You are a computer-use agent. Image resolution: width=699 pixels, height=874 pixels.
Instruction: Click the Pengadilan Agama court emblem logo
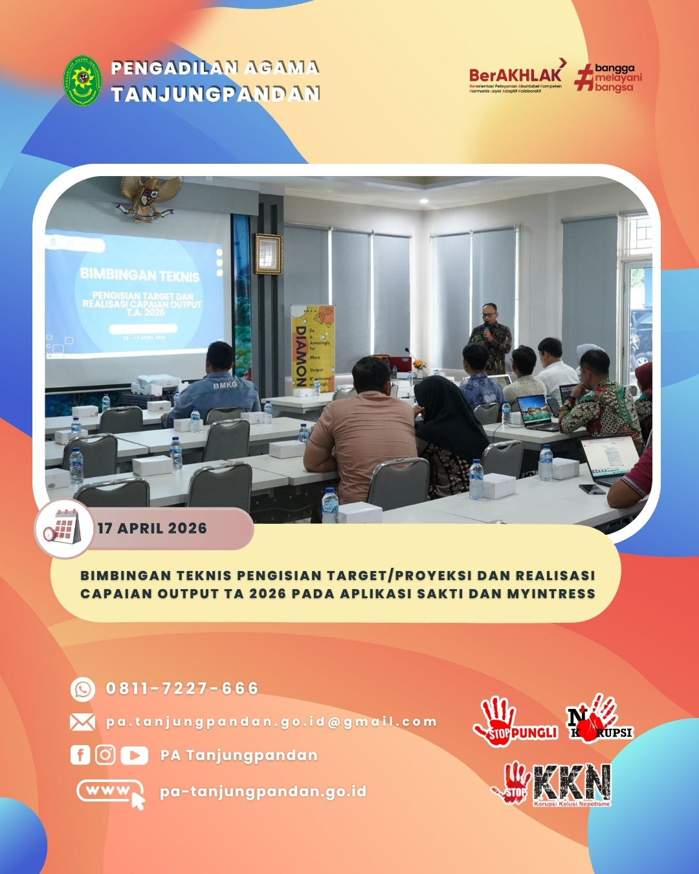click(82, 81)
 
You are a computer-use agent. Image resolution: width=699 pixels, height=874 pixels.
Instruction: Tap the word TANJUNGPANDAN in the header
click(216, 95)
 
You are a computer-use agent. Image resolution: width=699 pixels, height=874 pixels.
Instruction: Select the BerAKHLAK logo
click(516, 76)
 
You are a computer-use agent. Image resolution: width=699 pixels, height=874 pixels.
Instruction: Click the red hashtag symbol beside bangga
click(584, 77)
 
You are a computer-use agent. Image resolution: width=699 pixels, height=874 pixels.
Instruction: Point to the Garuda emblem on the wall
click(150, 197)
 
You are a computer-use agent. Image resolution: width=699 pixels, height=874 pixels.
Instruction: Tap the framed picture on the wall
click(269, 254)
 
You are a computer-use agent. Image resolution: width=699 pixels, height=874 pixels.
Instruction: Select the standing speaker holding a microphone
click(491, 336)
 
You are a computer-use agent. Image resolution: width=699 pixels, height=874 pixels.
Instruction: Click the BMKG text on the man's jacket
click(225, 385)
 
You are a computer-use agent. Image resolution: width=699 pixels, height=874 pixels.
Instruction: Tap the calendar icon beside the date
click(63, 528)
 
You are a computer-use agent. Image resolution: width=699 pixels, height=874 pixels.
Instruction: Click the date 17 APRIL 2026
click(152, 528)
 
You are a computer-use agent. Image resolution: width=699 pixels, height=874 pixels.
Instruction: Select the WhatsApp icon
click(83, 689)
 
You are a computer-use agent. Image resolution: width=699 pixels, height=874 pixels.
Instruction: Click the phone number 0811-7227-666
click(182, 688)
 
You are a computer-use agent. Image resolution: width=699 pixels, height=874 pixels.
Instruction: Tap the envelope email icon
click(82, 722)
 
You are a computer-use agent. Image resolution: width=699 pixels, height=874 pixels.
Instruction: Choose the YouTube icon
click(134, 755)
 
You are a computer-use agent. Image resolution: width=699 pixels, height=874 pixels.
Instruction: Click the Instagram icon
click(105, 755)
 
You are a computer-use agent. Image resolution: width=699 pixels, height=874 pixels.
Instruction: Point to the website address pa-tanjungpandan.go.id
click(263, 791)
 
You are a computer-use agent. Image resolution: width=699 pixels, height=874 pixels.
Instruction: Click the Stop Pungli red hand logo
click(515, 720)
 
